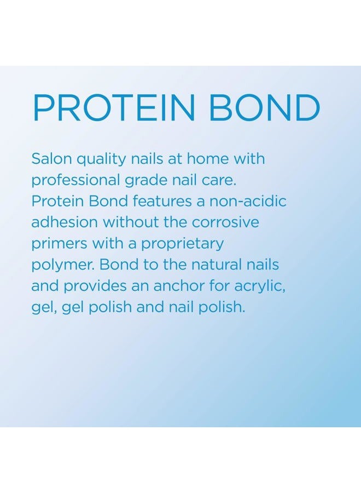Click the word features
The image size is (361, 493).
click(x=162, y=201)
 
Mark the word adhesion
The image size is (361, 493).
click(x=65, y=222)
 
